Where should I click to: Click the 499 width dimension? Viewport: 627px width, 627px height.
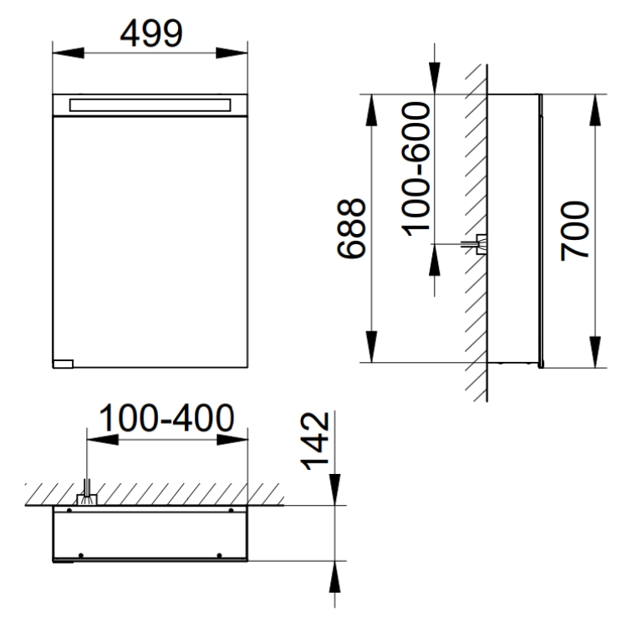(151, 33)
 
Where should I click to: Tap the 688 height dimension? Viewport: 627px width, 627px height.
(351, 229)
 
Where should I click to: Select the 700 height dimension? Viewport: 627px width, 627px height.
(574, 231)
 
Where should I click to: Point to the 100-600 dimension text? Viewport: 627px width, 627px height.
(415, 169)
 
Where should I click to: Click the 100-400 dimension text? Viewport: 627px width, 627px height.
(166, 418)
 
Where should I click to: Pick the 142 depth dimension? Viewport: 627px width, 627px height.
(315, 441)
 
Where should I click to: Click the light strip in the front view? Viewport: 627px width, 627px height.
(150, 105)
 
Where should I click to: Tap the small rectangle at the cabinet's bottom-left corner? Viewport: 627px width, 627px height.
(64, 364)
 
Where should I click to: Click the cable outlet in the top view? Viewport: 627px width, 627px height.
(87, 495)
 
